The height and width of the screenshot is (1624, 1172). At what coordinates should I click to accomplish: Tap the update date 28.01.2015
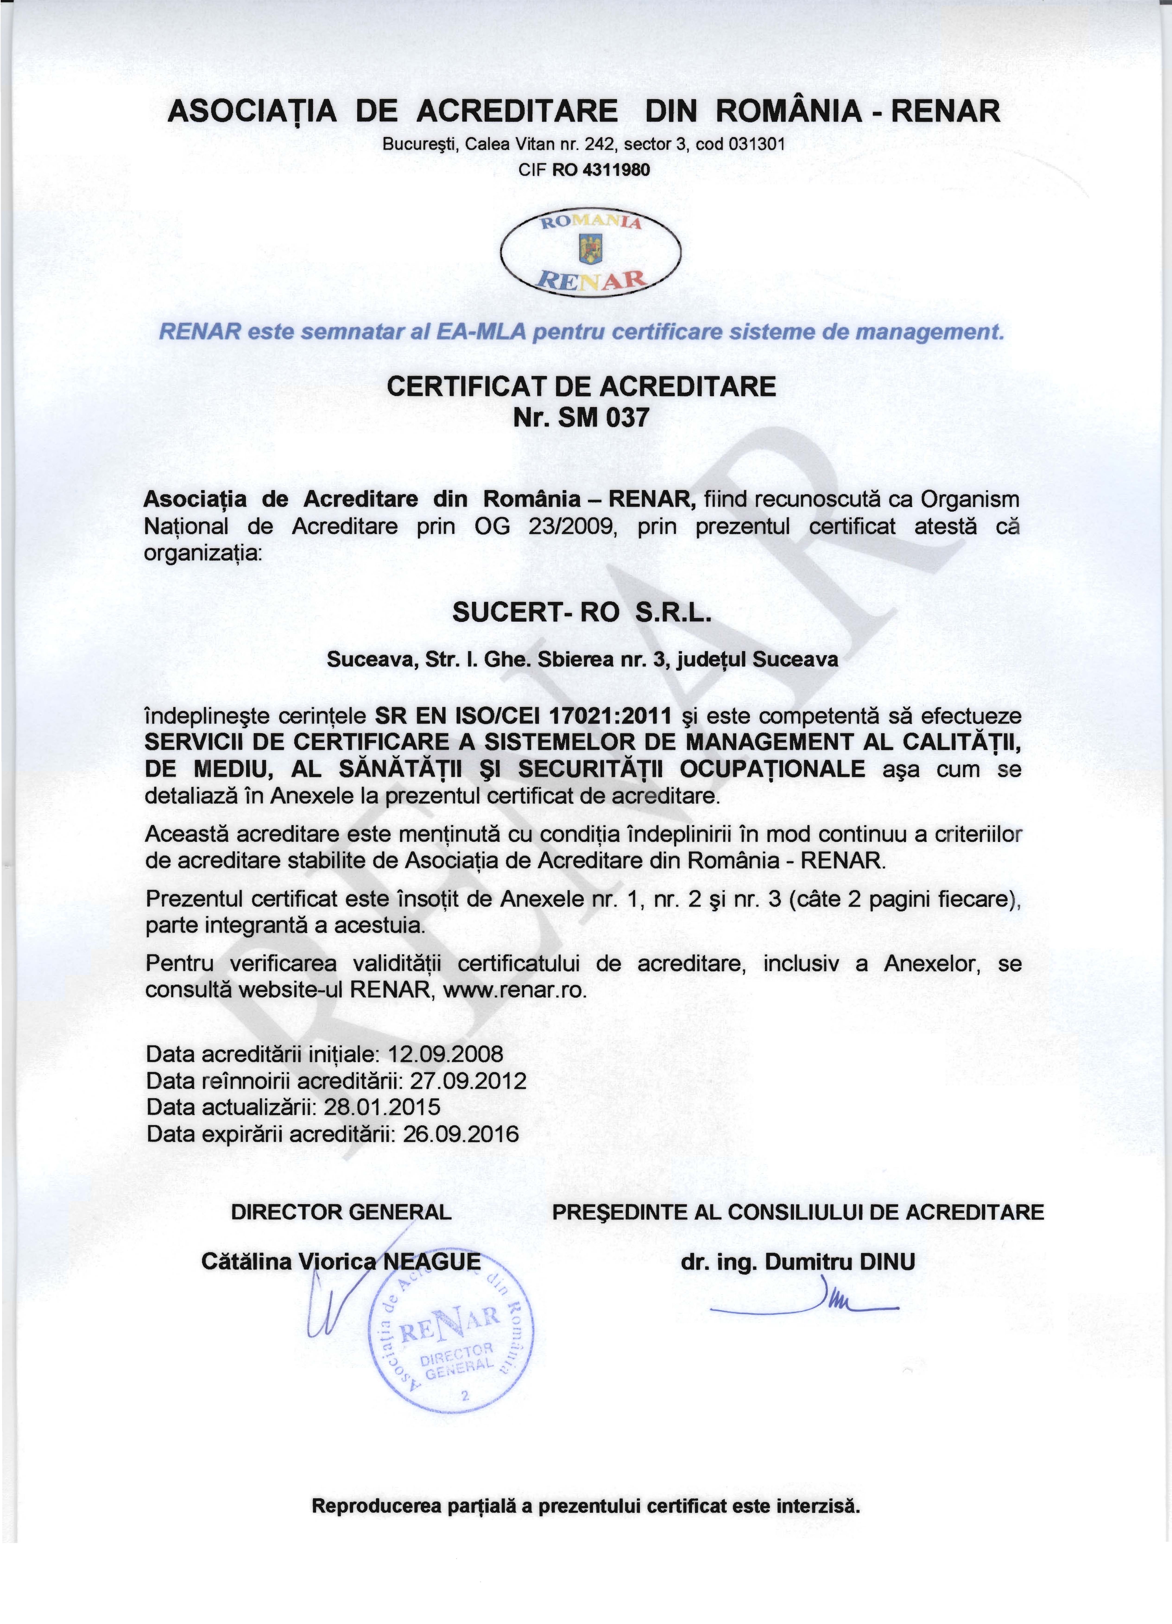382,1107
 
